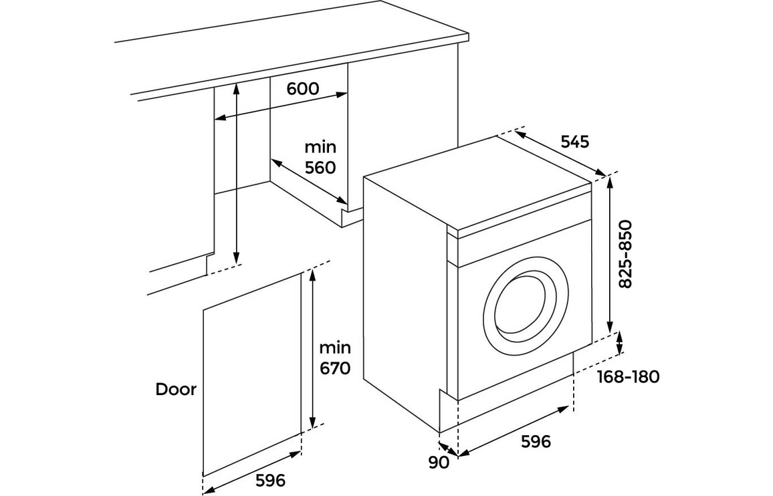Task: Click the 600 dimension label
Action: (x=303, y=89)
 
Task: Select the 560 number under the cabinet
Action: (x=320, y=167)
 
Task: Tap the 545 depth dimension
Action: (x=574, y=142)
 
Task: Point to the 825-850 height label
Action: (x=626, y=255)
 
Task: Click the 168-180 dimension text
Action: (x=628, y=377)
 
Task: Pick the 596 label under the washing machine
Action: (x=536, y=442)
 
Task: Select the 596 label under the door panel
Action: (x=269, y=480)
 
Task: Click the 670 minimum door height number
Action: (x=334, y=368)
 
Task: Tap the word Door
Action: (x=176, y=390)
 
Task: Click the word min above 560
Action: (x=320, y=146)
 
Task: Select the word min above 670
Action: (x=334, y=348)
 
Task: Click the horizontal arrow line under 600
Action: (x=282, y=106)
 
